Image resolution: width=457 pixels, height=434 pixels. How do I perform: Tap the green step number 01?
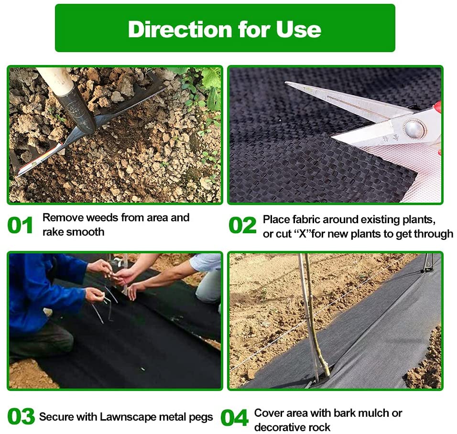coord(20,225)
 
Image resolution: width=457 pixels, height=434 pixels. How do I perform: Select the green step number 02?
coord(242,225)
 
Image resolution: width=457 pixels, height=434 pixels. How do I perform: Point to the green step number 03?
coord(21,416)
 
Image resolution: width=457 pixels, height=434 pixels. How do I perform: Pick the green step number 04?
coord(234,418)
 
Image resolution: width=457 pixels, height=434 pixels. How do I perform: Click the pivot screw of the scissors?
coord(414,129)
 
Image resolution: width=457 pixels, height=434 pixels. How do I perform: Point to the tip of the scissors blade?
coord(286,83)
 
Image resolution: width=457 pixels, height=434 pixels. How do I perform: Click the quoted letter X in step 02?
coord(303,234)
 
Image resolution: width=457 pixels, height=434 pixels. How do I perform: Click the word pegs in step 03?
coord(201,417)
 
